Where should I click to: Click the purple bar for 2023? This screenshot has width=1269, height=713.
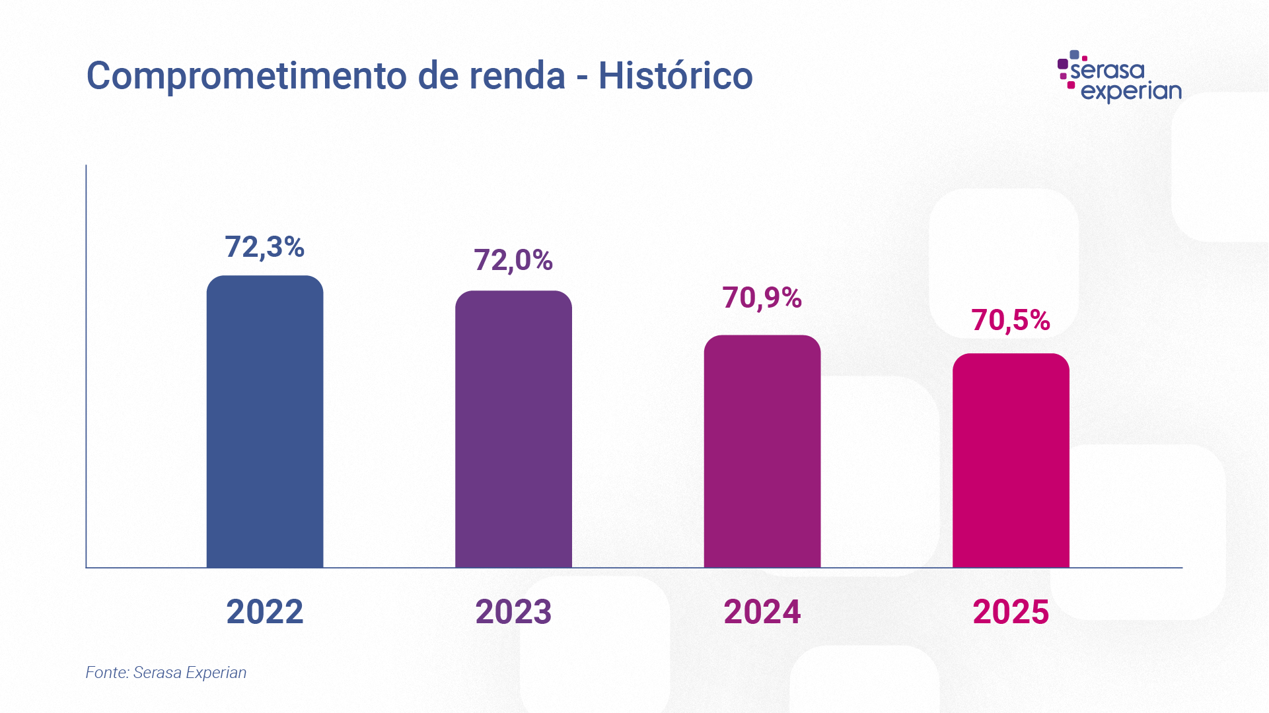[513, 429]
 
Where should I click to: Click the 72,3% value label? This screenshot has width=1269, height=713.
[264, 247]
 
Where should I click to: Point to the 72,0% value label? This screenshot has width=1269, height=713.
[513, 260]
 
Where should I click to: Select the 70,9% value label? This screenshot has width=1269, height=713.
[762, 298]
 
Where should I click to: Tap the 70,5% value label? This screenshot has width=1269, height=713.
[1011, 320]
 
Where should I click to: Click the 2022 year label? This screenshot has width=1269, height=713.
[264, 611]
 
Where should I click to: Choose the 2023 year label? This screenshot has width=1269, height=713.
[513, 611]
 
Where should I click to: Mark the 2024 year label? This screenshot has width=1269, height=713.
[762, 611]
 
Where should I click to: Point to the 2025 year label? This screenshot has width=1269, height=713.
[1011, 611]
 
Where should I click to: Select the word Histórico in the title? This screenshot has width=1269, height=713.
[675, 75]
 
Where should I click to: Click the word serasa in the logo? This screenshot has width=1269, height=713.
[1107, 70]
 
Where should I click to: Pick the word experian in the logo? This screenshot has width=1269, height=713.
[1131, 92]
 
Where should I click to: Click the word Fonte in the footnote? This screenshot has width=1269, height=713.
[106, 673]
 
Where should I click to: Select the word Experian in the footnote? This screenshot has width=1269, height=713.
[216, 673]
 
